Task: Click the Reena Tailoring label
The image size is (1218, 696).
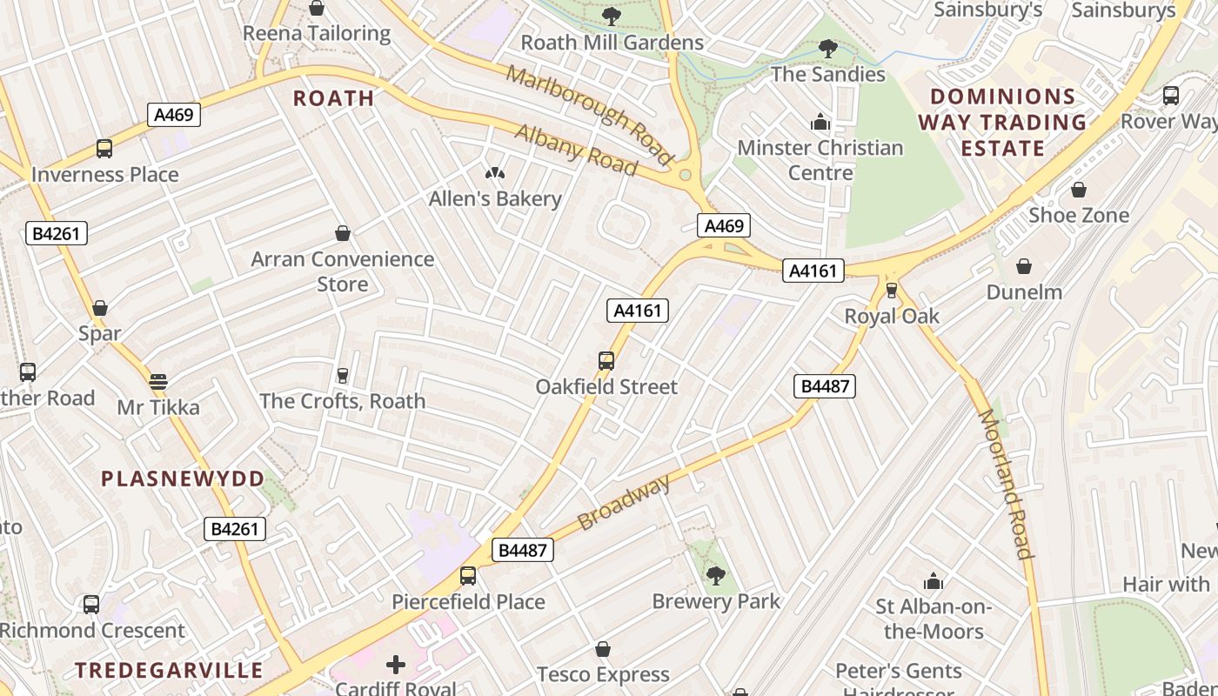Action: (x=317, y=34)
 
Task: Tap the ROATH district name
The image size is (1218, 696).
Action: (x=333, y=98)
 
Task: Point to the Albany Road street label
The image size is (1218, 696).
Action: (x=576, y=149)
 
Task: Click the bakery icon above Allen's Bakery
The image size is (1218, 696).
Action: (x=495, y=174)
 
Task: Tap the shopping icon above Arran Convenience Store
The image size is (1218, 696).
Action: (x=343, y=233)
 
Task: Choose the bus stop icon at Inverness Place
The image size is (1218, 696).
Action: (x=104, y=149)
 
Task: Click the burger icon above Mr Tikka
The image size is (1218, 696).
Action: (x=157, y=381)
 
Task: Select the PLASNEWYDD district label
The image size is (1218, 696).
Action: (x=183, y=478)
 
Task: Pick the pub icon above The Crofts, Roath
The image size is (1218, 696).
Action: (x=343, y=376)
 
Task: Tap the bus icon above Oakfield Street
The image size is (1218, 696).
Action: (x=606, y=360)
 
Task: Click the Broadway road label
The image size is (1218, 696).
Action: (x=625, y=503)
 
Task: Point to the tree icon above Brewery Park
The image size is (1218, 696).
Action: (x=716, y=575)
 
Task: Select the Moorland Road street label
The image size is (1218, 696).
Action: (x=1006, y=484)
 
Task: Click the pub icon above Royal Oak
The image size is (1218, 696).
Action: (x=892, y=290)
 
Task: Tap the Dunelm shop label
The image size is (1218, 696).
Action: (x=1024, y=292)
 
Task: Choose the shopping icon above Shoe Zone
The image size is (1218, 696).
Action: (x=1079, y=190)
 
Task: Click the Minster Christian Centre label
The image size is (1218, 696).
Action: (x=821, y=160)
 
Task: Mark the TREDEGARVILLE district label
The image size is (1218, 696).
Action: (x=169, y=670)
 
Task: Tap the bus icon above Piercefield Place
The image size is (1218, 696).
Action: (x=468, y=576)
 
